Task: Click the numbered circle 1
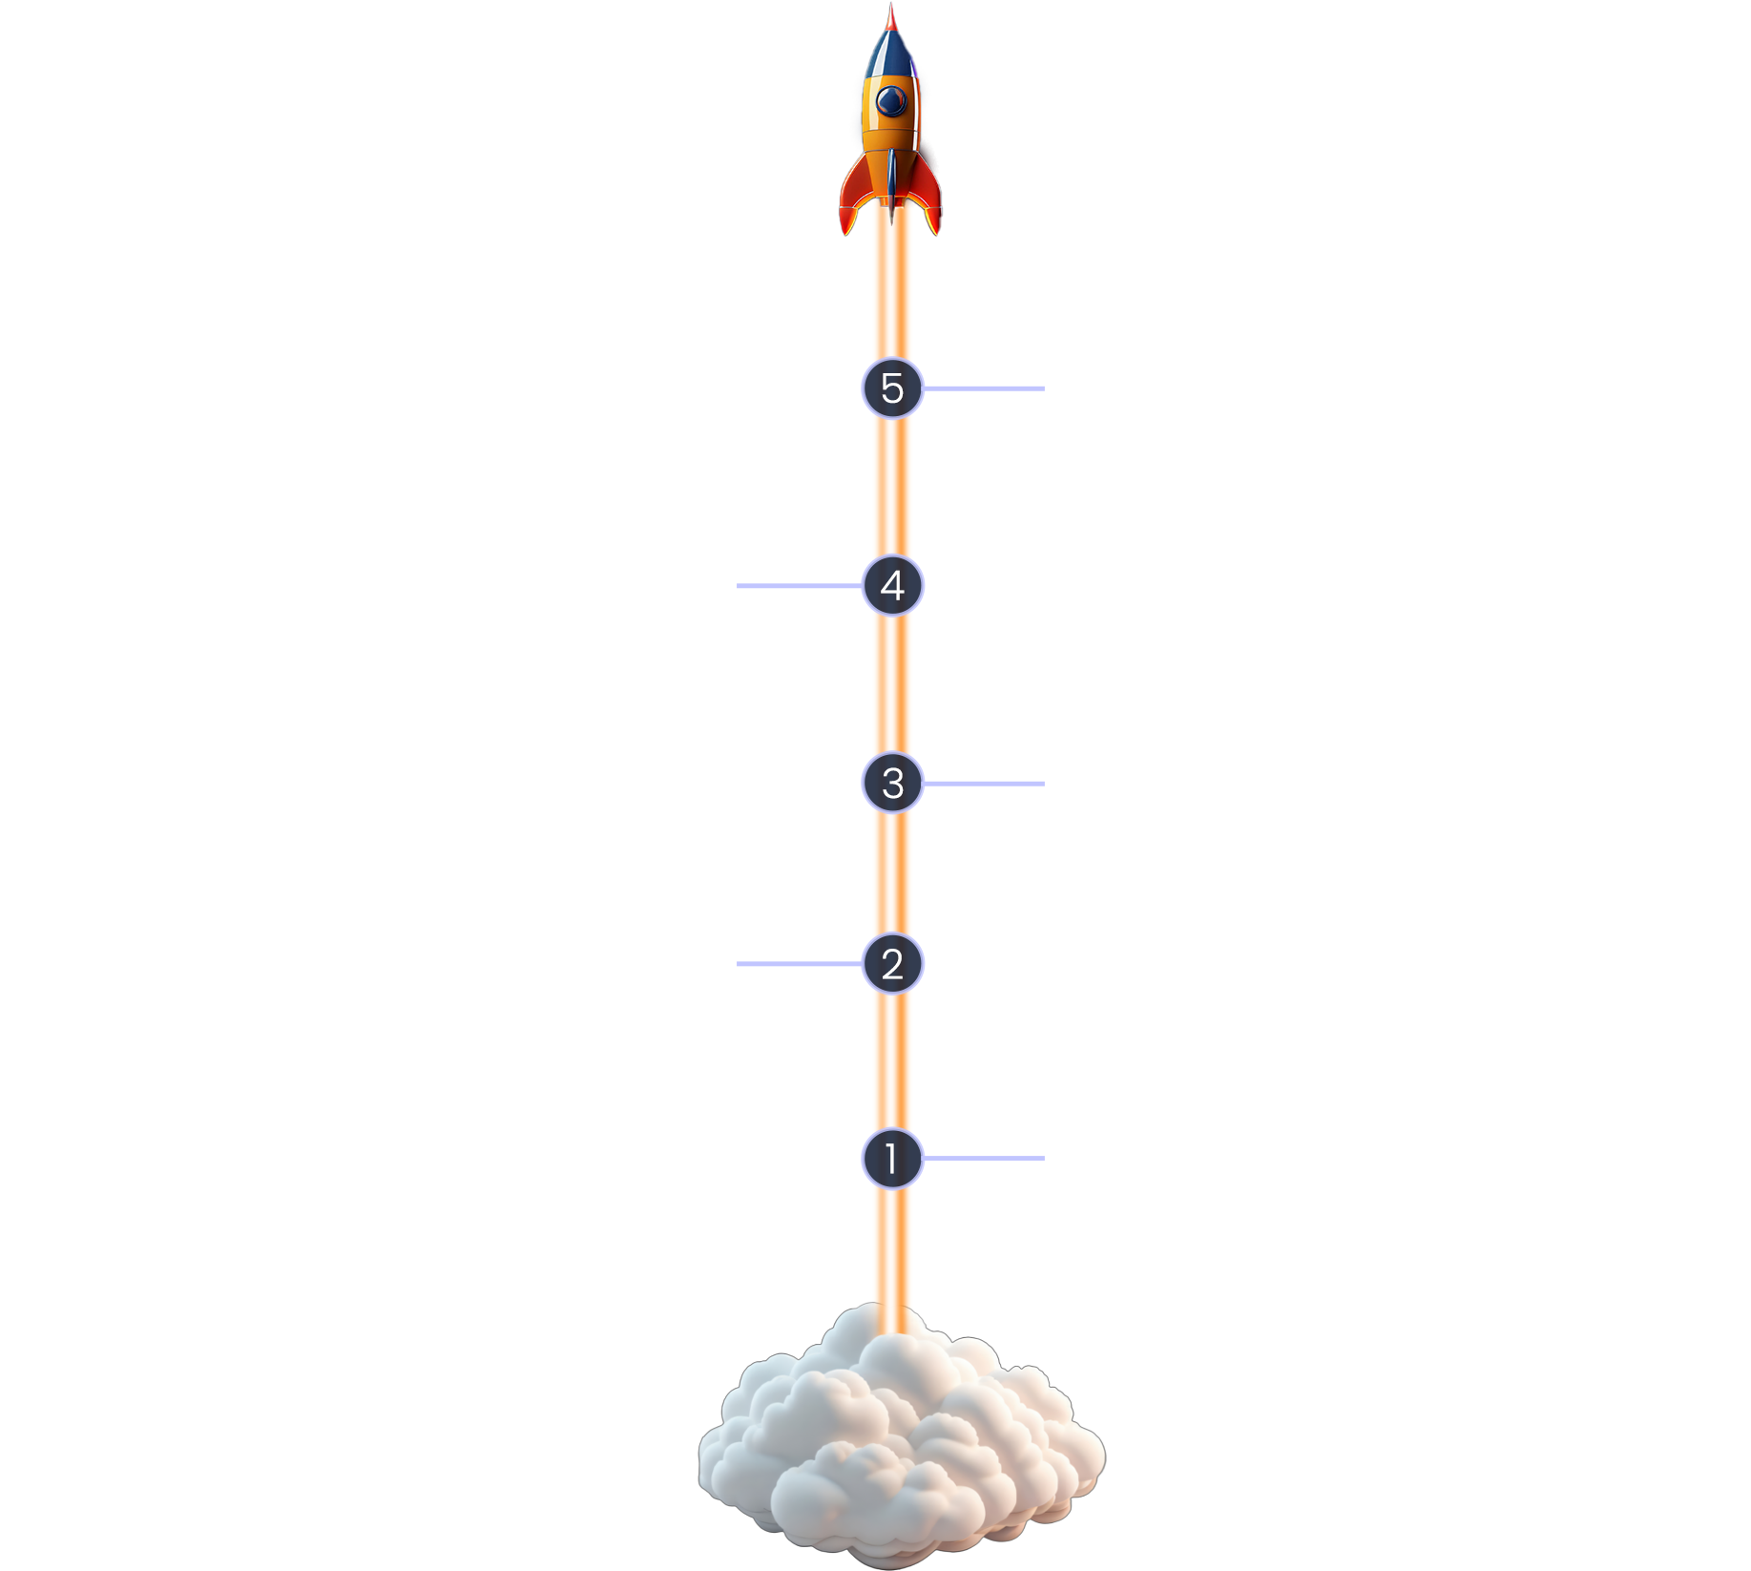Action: coord(892,1159)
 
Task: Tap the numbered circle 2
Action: coord(892,964)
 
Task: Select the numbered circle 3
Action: coord(892,784)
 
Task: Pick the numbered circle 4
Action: coord(892,585)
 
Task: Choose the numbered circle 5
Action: coord(892,388)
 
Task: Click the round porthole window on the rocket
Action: coord(892,98)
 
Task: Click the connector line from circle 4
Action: coord(797,586)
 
